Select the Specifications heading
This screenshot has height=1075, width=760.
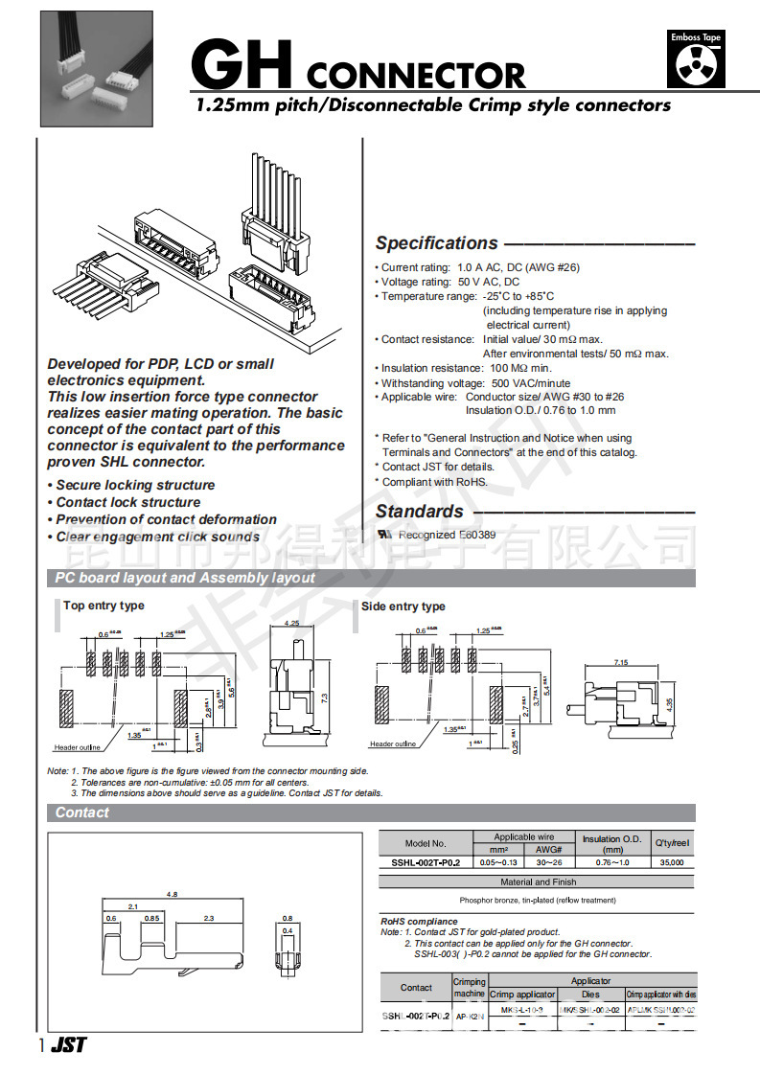tap(436, 243)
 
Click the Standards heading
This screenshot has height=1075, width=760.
tap(419, 512)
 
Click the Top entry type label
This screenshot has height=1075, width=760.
tap(104, 606)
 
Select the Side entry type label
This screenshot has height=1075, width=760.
tap(403, 606)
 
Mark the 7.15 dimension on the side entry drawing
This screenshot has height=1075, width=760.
tap(620, 662)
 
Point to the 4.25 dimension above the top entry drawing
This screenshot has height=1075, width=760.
tap(292, 624)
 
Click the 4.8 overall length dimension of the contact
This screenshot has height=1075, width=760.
tap(173, 894)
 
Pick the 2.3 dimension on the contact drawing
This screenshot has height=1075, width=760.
tap(209, 918)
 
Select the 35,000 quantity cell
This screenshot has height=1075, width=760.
tap(672, 862)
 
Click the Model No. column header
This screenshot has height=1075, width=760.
tap(426, 844)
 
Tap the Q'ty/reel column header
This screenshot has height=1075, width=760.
tap(672, 843)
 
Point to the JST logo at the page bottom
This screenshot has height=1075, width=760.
tap(68, 1045)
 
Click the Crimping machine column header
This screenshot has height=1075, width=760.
tap(469, 988)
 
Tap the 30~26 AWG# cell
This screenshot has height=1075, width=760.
tap(549, 862)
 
